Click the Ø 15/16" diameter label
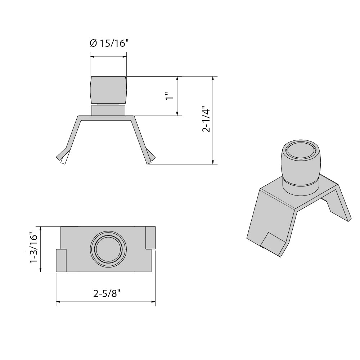click(108, 44)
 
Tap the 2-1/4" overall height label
click(206, 119)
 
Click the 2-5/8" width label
click(106, 293)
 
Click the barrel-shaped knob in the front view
click(108, 90)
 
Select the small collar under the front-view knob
click(108, 110)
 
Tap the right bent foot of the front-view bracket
click(151, 155)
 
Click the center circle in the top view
click(108, 249)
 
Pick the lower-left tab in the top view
click(61, 260)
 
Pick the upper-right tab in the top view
click(150, 238)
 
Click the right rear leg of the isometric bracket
click(340, 205)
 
